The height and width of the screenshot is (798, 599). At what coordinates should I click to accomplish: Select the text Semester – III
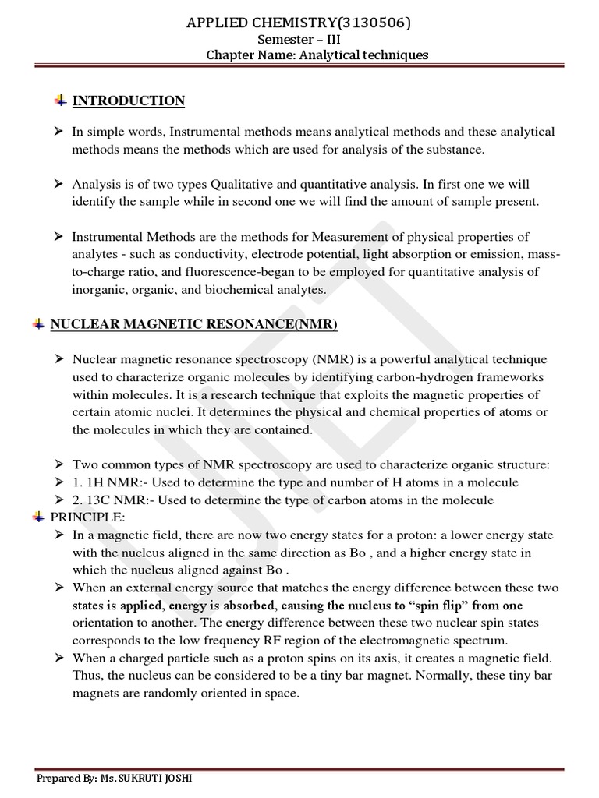[299, 40]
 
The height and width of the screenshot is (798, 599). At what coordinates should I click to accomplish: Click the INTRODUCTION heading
[129, 101]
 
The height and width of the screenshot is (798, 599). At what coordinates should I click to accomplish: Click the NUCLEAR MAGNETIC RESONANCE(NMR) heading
[194, 323]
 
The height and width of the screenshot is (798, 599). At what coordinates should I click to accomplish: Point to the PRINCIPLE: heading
[82, 517]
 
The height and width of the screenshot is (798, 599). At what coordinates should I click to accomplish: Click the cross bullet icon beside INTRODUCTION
[59, 101]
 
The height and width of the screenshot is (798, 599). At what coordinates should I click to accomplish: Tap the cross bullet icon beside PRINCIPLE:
[37, 517]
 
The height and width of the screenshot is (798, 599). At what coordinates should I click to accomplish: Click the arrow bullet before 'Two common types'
[58, 464]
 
